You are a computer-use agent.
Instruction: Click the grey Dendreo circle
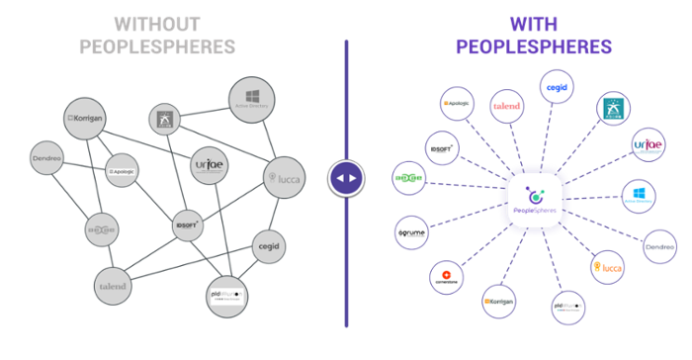click(47, 157)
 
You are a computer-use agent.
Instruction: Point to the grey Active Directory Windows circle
click(251, 97)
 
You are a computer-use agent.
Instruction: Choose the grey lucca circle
click(284, 178)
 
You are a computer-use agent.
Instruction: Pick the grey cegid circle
click(268, 244)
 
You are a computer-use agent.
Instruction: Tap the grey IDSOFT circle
click(187, 226)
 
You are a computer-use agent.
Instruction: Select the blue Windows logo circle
click(641, 195)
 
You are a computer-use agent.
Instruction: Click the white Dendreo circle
click(659, 246)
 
